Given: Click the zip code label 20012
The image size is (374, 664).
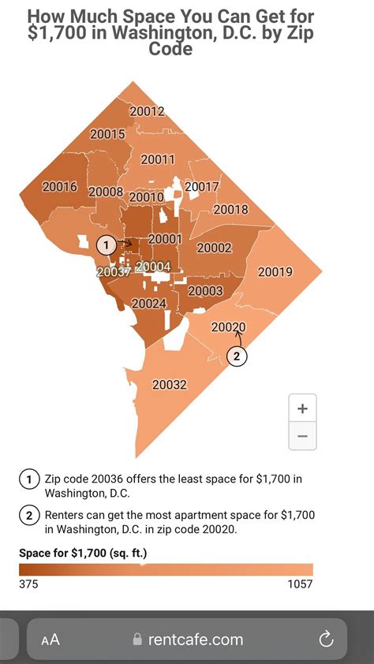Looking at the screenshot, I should coord(148,111).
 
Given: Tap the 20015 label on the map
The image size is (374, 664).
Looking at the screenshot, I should coord(107,134).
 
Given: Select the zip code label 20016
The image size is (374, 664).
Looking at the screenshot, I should coord(59,187).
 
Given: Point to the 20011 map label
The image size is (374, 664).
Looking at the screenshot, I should coord(158,159).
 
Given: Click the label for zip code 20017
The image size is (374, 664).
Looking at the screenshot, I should coord(201,187).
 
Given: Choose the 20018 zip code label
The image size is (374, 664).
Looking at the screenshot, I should coord(230,210).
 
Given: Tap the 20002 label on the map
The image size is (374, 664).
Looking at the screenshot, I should coord(214,248).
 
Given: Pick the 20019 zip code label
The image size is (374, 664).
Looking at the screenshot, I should coord(275,272).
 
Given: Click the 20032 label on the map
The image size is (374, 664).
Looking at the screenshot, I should coord(170,385).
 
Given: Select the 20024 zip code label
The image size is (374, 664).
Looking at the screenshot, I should coord(148,303).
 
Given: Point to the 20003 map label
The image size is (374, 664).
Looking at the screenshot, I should coord(205,291).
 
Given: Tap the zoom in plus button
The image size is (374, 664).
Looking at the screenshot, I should coord(302,408).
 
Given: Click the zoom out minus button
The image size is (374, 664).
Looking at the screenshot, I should coord(302,435).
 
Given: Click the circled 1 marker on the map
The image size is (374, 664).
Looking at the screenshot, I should coord(106,244).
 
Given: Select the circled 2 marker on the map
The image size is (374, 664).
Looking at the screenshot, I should coord(237,356).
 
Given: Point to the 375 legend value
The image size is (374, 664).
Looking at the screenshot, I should coord(28,584).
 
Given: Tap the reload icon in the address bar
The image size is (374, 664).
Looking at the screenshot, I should coord(325,639).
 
